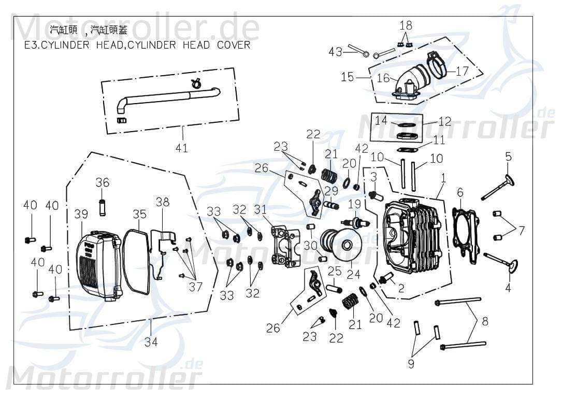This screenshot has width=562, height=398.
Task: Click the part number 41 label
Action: (181, 148)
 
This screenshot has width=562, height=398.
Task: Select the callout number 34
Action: (151, 342)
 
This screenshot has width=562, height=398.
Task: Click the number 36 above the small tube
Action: (103, 182)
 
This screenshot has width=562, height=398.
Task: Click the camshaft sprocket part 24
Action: (339, 245)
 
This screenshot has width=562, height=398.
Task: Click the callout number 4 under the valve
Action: (508, 288)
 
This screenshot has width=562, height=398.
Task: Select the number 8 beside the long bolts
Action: (485, 321)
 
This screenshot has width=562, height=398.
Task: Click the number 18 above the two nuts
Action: (406, 25)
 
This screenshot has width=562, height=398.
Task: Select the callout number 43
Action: (336, 52)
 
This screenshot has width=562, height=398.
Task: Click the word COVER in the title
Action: (233, 45)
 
